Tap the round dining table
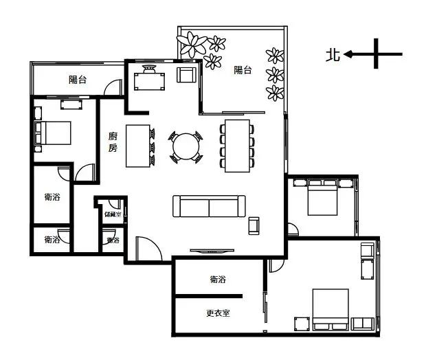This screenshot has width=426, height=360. (x=186, y=146)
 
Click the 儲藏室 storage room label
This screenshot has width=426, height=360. (x=112, y=214)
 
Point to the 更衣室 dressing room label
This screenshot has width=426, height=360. (x=218, y=313)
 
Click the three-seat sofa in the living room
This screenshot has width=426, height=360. (x=208, y=206)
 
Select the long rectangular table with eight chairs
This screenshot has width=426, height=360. (x=237, y=146)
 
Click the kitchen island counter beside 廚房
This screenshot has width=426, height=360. (x=140, y=146)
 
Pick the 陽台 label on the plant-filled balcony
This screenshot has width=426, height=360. (x=243, y=69)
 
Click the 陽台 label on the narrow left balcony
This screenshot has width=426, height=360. (x=78, y=80)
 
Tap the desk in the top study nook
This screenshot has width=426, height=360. (x=150, y=80)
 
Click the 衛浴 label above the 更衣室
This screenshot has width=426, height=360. (x=218, y=280)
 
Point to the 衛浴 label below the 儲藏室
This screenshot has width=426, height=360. (x=112, y=240)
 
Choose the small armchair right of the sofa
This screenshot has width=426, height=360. (x=254, y=225)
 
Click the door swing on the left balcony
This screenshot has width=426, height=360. (x=110, y=87)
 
